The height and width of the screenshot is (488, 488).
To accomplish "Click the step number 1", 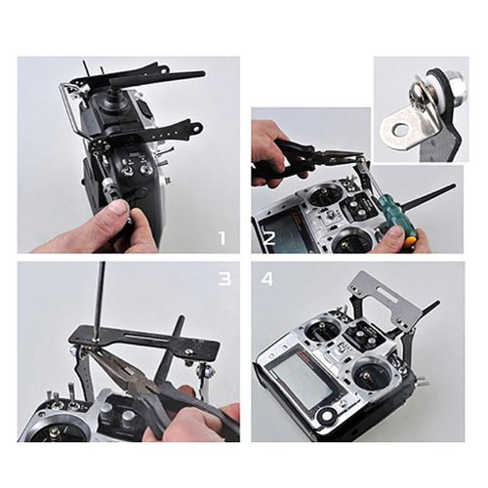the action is coord(223,238).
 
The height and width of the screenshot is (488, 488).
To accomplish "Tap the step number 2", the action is coord(269,238).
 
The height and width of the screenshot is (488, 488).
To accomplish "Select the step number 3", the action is coord(224,279).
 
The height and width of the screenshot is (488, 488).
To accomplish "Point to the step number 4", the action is coord(266,279).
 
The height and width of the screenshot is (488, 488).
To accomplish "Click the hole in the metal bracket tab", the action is coord(400,131).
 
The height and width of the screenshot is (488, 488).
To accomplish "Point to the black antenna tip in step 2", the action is coord(450,186).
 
